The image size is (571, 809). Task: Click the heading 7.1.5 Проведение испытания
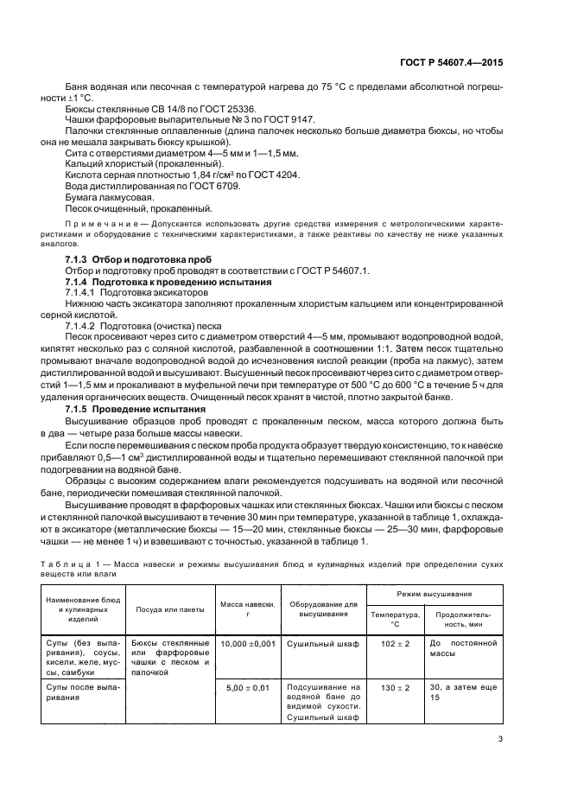[136, 409]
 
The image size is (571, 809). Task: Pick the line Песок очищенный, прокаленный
[138, 208]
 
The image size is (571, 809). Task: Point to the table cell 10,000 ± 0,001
[246, 644]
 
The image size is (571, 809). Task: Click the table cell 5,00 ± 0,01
[246, 687]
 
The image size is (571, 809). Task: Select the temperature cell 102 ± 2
[395, 644]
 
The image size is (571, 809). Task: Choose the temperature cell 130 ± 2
[395, 687]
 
